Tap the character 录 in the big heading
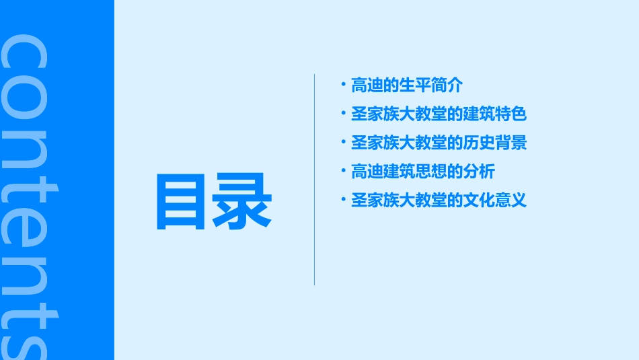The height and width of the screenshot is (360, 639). point(241,202)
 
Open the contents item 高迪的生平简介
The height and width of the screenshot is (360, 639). point(407,85)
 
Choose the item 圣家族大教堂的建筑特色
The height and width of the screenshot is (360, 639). point(439,114)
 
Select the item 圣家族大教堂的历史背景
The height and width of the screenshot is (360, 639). point(439,143)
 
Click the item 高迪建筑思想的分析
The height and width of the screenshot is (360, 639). point(422,172)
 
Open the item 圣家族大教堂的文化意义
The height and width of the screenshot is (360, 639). point(439,201)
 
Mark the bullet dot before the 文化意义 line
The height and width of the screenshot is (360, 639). point(343,199)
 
